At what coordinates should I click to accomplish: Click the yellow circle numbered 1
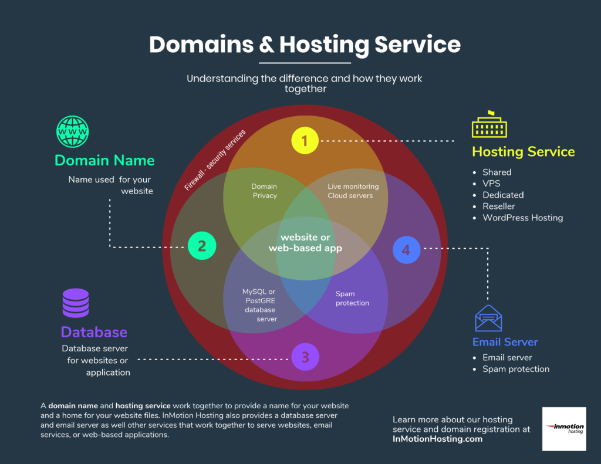(305, 141)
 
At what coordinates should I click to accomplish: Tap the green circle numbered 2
(202, 246)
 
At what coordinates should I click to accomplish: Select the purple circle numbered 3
(305, 357)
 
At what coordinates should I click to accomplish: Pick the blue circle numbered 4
(406, 250)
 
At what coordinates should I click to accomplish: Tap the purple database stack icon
(76, 303)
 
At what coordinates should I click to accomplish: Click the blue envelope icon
(488, 319)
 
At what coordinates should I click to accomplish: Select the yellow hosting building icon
(489, 124)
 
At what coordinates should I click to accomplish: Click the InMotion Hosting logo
(563, 429)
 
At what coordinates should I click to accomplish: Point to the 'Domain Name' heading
(104, 160)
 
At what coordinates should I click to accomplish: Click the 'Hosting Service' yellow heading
(523, 152)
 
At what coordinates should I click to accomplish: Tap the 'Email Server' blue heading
(505, 342)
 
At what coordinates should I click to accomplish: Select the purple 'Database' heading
(94, 332)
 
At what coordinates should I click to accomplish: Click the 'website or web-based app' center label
(305, 243)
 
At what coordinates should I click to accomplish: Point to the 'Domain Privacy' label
(265, 191)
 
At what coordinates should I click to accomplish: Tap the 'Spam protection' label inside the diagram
(352, 299)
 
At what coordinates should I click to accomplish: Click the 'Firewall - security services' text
(215, 160)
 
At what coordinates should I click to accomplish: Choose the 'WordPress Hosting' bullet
(522, 218)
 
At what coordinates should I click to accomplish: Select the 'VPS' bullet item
(491, 184)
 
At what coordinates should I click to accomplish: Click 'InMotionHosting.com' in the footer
(437, 439)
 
